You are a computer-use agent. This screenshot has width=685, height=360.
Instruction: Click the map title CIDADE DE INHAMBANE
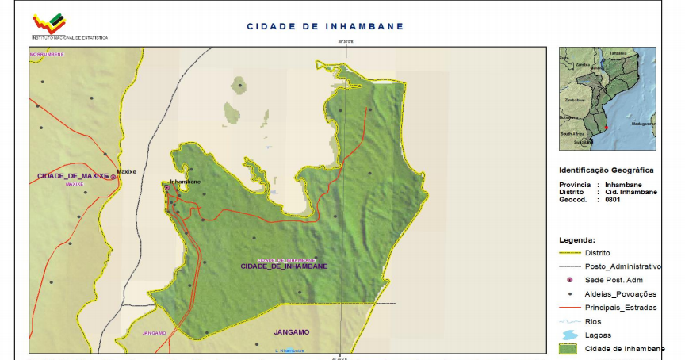click(325, 26)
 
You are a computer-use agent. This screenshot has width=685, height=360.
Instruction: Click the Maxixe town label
click(127, 171)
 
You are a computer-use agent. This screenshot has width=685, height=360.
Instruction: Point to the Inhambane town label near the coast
click(185, 182)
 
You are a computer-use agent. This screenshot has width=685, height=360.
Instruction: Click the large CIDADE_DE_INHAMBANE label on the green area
click(284, 266)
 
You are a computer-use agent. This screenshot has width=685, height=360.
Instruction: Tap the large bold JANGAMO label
click(291, 332)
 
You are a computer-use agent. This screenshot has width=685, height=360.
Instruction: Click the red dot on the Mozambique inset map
click(606, 128)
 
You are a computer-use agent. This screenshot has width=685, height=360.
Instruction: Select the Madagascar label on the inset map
click(642, 124)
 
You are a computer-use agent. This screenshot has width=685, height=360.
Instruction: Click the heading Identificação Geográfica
click(606, 170)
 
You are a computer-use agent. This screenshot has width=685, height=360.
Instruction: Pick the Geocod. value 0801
click(612, 200)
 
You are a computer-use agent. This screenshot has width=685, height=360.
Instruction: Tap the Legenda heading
click(576, 239)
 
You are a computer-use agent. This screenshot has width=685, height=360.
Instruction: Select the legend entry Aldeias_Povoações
click(621, 294)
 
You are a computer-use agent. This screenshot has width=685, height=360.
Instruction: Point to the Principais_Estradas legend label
click(621, 308)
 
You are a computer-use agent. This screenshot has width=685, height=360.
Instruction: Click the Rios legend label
click(593, 321)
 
